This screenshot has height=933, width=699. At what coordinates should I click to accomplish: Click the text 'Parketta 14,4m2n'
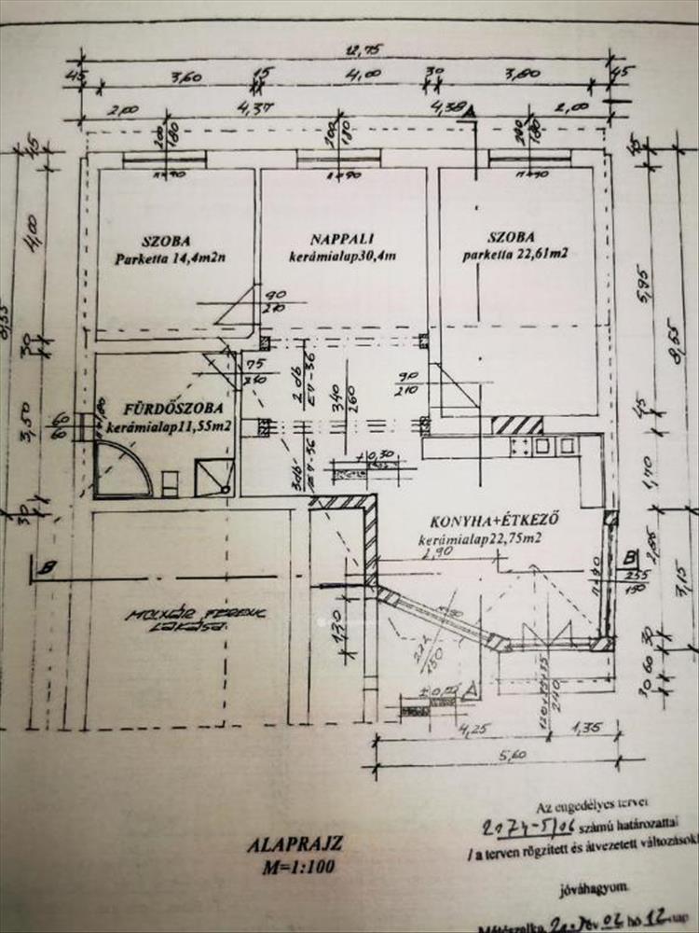point(172,258)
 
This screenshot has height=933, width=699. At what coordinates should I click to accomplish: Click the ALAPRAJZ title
point(295,845)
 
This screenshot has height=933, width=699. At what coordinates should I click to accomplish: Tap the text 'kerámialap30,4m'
point(343,257)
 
